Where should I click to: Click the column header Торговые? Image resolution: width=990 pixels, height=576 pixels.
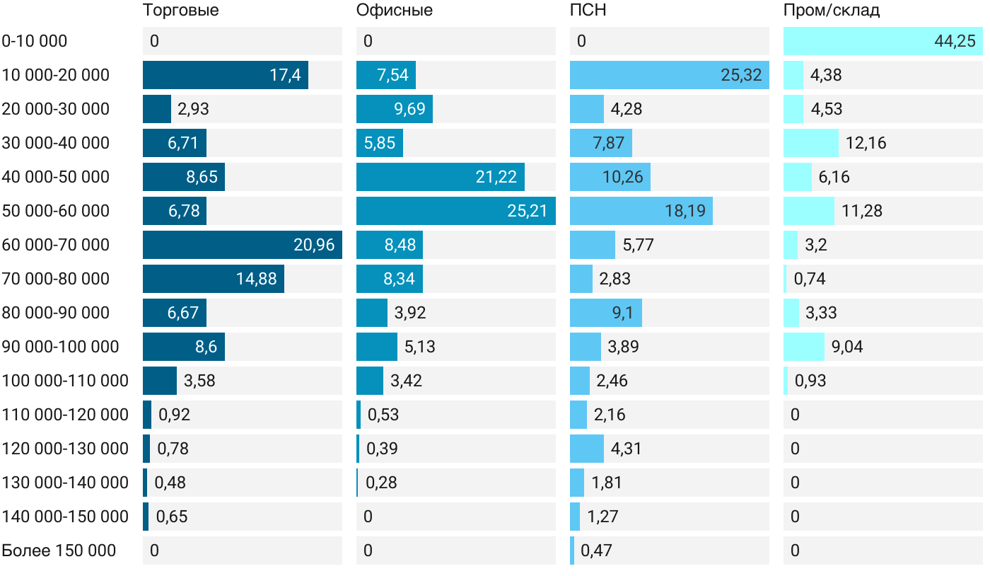(180, 11)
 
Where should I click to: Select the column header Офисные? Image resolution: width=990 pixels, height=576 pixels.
(394, 11)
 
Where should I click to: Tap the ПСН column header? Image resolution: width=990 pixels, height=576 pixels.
(588, 11)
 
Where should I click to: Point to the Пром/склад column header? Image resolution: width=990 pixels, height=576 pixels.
(831, 11)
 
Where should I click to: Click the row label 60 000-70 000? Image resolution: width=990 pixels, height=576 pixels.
(56, 245)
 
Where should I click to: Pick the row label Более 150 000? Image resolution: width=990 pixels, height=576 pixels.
(59, 551)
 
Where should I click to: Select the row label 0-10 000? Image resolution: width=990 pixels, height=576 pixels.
(35, 41)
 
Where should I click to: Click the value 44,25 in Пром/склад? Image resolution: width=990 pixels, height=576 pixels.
(955, 41)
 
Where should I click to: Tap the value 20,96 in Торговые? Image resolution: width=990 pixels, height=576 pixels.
(314, 245)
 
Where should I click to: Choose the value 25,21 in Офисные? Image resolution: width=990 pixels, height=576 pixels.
(528, 211)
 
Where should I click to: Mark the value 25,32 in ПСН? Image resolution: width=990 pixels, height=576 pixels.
(741, 75)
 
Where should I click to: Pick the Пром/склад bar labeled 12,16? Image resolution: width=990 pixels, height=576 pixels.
(811, 143)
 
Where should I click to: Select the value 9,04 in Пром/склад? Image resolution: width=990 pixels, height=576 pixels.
(847, 347)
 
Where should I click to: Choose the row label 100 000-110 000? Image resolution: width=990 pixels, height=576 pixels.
(65, 381)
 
